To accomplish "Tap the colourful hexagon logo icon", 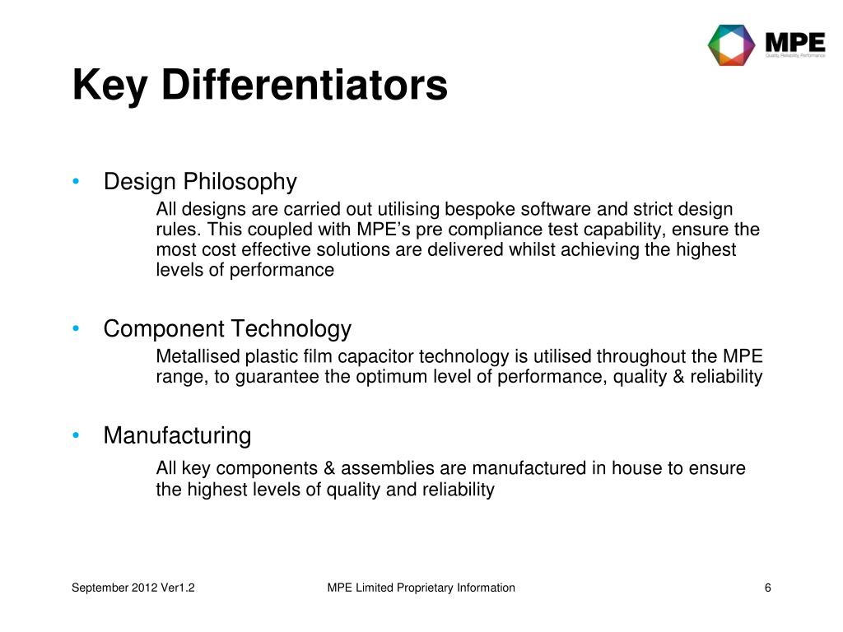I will [731, 44].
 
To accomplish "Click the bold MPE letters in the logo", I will [794, 40].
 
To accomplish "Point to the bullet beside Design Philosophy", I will [76, 182].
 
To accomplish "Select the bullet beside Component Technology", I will [76, 330].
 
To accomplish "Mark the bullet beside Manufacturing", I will [76, 435].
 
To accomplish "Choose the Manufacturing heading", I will [177, 435].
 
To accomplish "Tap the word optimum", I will [391, 377].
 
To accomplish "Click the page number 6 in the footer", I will [767, 587].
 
